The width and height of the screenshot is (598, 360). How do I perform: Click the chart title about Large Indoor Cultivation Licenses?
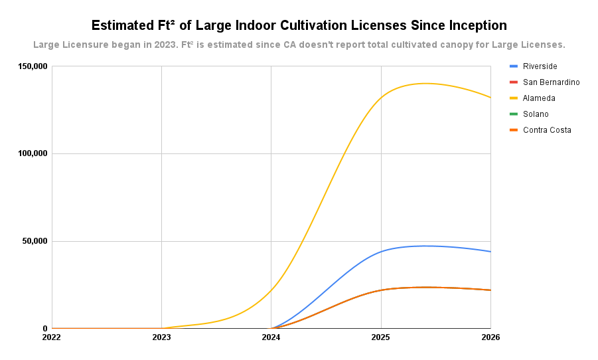click(299, 26)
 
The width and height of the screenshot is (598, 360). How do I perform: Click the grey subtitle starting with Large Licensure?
click(299, 45)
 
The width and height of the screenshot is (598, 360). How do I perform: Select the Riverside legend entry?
click(540, 66)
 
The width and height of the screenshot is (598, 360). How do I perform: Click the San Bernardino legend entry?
click(551, 82)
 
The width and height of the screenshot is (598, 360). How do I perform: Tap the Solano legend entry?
click(536, 114)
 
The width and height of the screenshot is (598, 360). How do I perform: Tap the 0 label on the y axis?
click(45, 328)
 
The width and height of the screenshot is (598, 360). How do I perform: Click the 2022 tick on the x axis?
click(52, 337)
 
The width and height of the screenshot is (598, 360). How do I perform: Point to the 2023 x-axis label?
click(161, 337)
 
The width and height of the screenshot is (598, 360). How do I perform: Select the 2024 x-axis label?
click(271, 337)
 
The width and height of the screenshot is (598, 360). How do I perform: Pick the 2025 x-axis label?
click(381, 337)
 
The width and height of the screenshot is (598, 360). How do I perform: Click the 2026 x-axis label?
click(490, 337)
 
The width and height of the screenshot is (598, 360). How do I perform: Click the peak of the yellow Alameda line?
click(425, 83)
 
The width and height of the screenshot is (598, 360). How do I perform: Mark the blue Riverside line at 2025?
click(381, 252)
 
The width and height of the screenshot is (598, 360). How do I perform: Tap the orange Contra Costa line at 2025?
click(381, 290)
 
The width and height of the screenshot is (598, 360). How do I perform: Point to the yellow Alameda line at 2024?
click(271, 290)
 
